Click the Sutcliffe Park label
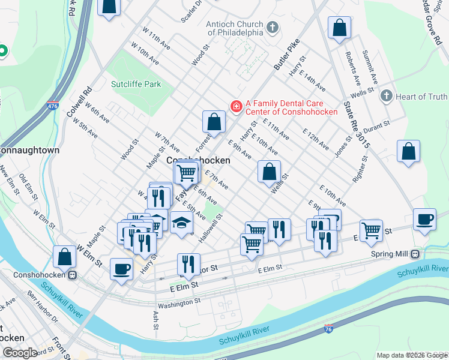point(136,84)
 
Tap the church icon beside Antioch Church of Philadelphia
point(273,27)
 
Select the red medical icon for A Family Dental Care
point(236,106)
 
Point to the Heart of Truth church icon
point(386,96)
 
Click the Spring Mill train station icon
point(415,254)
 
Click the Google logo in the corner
point(20,352)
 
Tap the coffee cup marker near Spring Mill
point(425,220)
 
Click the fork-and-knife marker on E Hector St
point(188,265)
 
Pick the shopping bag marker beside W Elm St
point(64,256)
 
